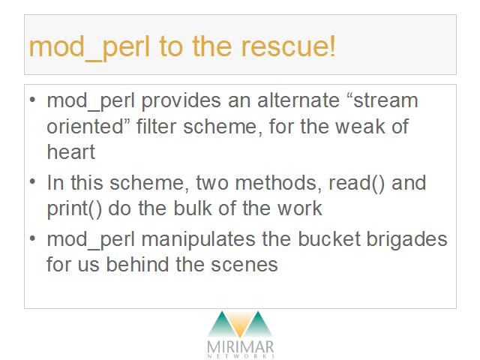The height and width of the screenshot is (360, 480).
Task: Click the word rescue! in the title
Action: tap(288, 46)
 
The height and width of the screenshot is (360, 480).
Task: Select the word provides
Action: tap(181, 100)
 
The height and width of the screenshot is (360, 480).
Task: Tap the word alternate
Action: tap(298, 100)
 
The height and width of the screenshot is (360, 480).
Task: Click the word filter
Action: tap(156, 126)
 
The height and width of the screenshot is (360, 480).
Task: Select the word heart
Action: tap(71, 151)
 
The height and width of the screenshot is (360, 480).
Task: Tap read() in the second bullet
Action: tap(356, 183)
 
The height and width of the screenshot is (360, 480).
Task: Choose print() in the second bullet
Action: tap(74, 209)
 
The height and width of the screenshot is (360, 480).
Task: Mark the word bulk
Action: tap(193, 208)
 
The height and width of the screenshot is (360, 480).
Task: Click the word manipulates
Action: tap(198, 239)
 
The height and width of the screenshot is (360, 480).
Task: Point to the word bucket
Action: tap(329, 238)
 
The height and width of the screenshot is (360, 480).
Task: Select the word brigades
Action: tap(407, 239)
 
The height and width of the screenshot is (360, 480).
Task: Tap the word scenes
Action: tap(244, 265)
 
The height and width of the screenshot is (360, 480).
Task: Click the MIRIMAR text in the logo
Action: tap(240, 346)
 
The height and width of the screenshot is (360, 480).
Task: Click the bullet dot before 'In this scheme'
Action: tap(33, 181)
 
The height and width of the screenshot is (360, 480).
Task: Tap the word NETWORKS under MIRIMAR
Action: tap(241, 356)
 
